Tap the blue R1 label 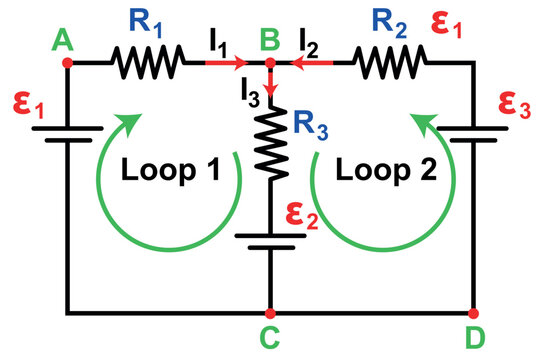(x=146, y=22)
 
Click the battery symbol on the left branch (x=68, y=134)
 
